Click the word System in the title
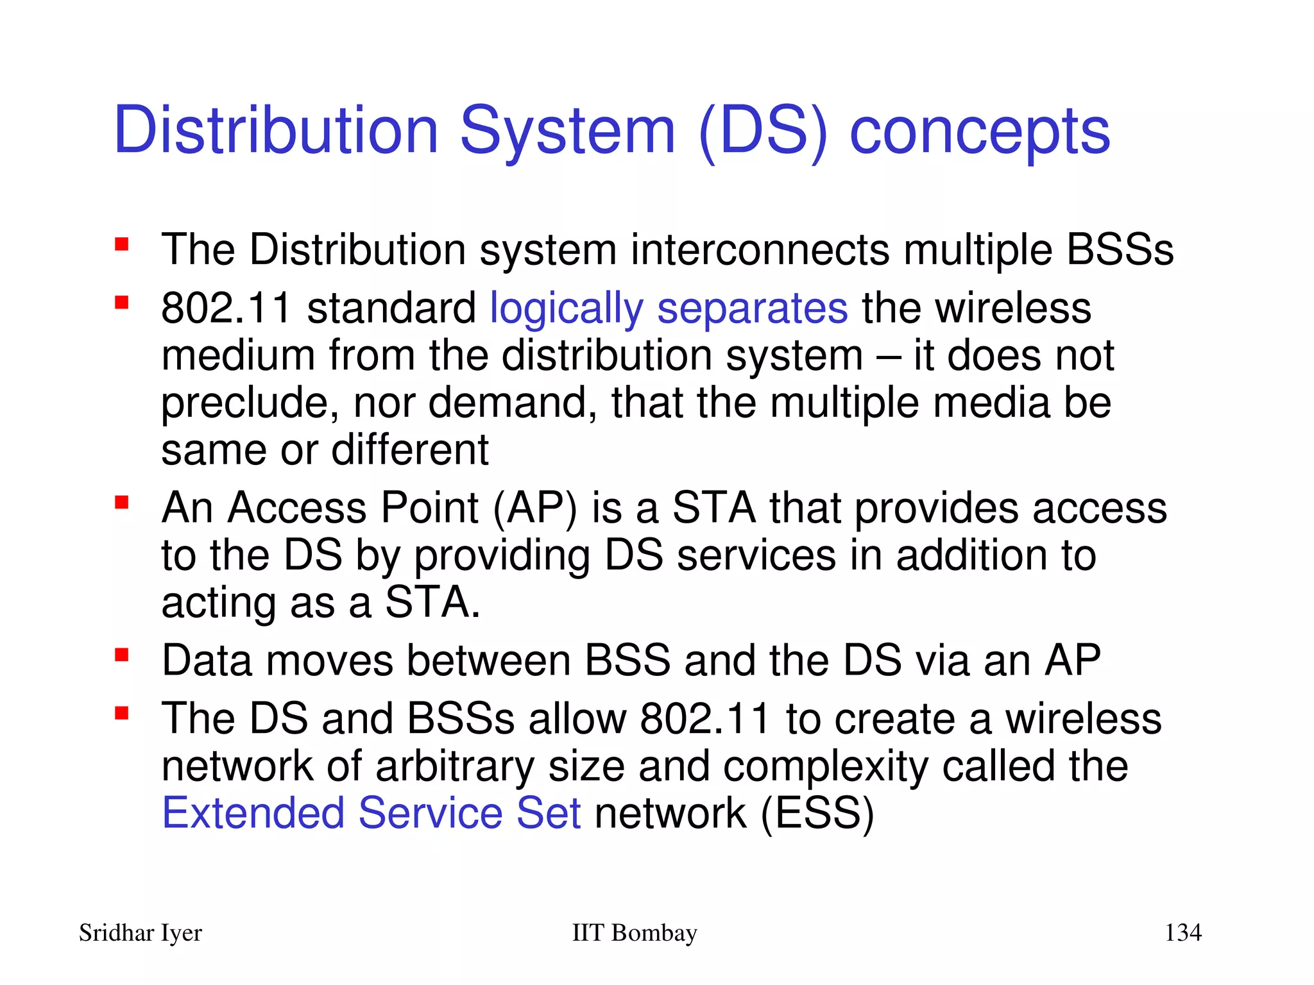567,131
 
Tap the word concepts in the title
979,133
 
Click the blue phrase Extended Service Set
371,813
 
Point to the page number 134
1182,932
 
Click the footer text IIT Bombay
634,932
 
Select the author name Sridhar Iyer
141,933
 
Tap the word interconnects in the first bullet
760,250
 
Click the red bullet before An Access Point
122,502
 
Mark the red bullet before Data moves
122,655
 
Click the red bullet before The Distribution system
122,244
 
